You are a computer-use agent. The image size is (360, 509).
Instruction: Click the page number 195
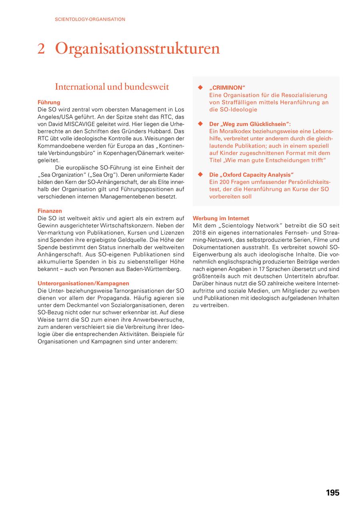point(332,493)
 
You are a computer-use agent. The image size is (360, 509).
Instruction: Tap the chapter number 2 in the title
point(41,49)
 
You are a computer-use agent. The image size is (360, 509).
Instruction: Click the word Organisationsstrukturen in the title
point(138,49)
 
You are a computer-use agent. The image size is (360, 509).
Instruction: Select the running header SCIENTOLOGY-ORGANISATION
point(90,19)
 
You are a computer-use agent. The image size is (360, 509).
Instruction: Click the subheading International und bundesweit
point(112,87)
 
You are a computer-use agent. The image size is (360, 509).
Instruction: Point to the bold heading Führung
point(49,102)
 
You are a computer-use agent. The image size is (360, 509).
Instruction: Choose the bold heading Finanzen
point(50,211)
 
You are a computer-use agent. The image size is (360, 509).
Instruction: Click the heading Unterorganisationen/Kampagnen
point(83,283)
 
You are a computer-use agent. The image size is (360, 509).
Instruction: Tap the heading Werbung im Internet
point(221,218)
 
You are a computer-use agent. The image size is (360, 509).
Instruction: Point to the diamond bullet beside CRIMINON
point(201,88)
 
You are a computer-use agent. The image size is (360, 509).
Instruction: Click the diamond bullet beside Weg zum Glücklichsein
point(201,124)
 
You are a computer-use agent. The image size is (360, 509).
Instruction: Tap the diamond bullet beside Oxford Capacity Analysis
point(201,175)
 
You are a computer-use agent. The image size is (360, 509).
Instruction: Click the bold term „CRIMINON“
point(227,88)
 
